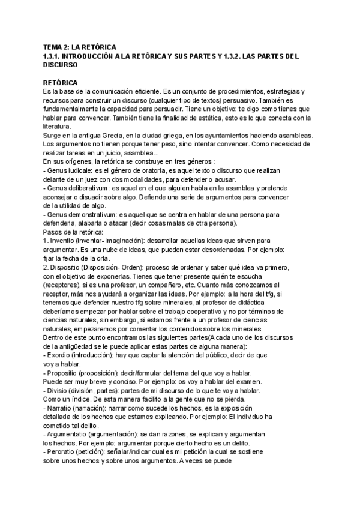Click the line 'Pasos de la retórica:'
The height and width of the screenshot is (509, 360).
pos(73,232)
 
